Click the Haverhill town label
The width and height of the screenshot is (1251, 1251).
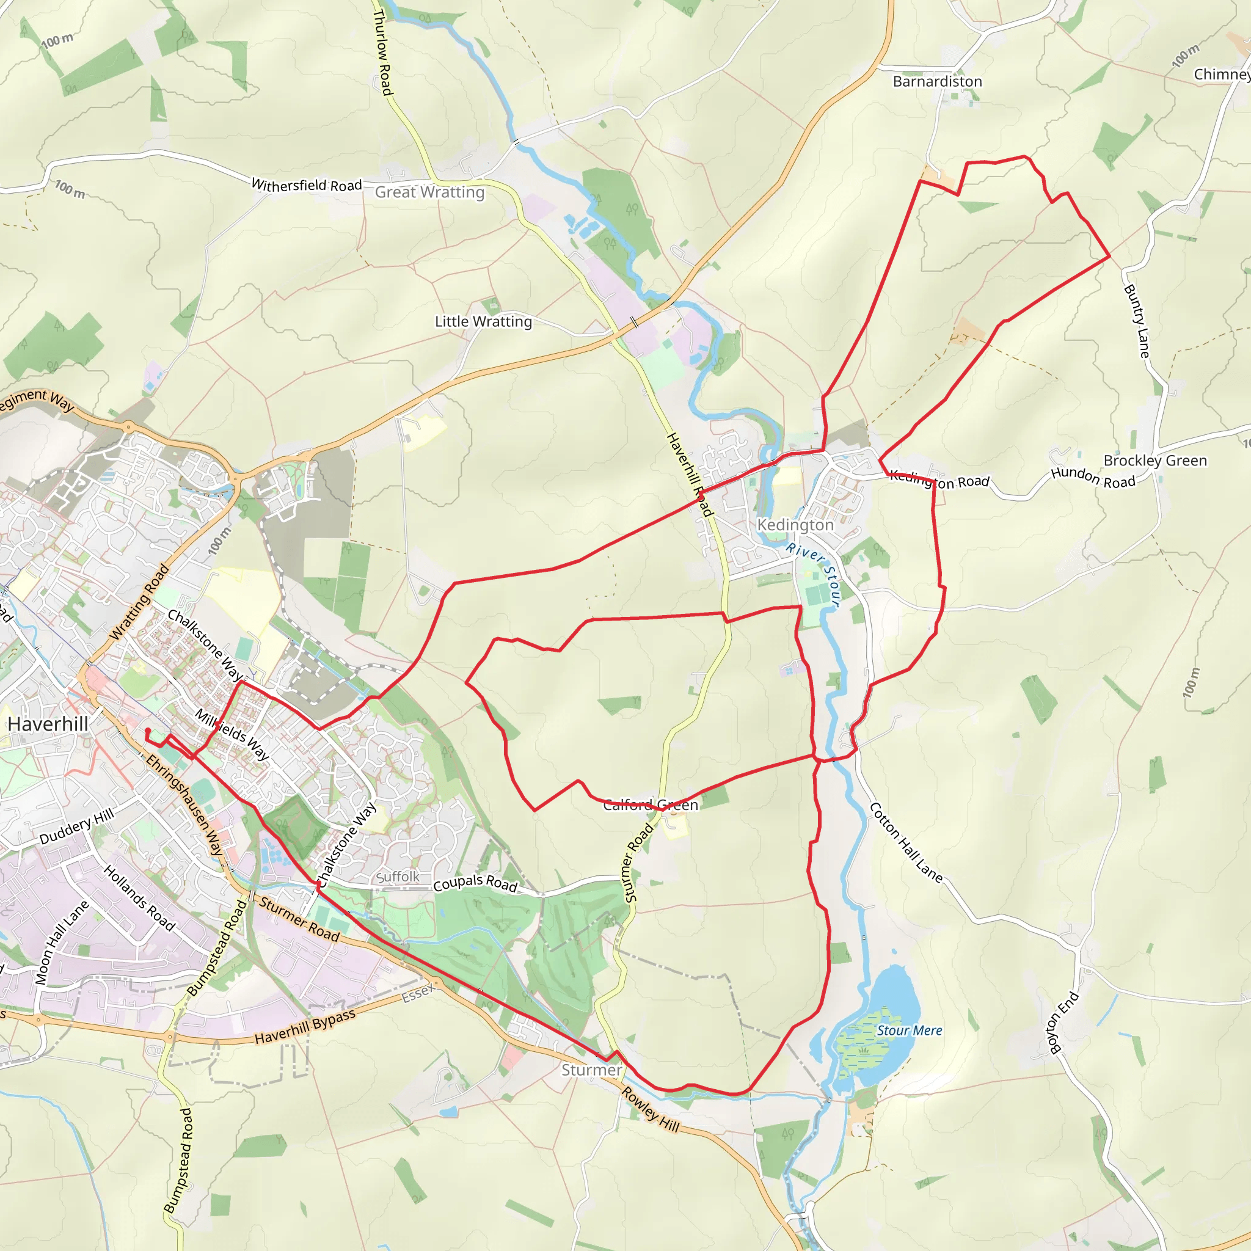(48, 724)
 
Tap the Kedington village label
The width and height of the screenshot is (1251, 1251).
(795, 525)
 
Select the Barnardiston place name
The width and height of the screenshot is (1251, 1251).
(937, 82)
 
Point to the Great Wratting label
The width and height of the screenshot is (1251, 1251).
(429, 192)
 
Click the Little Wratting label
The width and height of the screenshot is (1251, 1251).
(483, 322)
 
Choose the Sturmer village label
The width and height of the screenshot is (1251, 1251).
(591, 1070)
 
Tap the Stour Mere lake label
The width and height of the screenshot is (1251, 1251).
(909, 1031)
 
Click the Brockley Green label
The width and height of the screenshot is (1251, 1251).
(1155, 461)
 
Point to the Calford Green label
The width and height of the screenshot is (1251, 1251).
(650, 805)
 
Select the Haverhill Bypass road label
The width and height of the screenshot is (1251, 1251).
(305, 1027)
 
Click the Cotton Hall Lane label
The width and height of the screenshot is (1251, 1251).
(905, 842)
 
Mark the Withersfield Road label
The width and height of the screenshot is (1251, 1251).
(306, 185)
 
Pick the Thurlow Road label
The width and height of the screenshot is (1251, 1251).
(382, 53)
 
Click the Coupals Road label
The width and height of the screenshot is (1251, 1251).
(475, 883)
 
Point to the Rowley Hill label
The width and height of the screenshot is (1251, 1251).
(651, 1110)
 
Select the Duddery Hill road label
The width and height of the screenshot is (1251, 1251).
(76, 826)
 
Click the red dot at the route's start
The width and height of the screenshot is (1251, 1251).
(148, 731)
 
